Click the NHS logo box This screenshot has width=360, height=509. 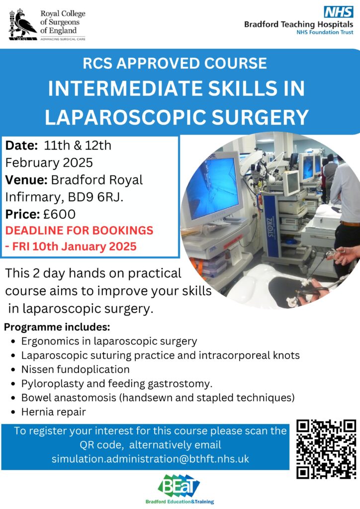[x=338, y=12]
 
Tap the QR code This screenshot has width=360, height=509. [x=326, y=449]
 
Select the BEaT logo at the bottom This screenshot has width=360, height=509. [x=180, y=489]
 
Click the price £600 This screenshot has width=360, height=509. [x=59, y=214]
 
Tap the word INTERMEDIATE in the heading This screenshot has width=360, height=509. [x=125, y=88]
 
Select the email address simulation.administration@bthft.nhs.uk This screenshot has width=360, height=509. [x=150, y=459]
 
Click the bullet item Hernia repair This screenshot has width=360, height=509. [x=54, y=412]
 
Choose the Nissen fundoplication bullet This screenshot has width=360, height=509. [x=75, y=369]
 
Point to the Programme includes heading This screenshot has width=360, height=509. [x=57, y=327]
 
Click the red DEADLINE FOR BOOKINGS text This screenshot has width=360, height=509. [x=80, y=230]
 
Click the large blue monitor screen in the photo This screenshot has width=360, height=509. [x=213, y=188]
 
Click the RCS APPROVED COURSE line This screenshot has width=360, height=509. [x=175, y=63]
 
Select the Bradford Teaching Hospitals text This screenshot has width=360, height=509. [x=299, y=24]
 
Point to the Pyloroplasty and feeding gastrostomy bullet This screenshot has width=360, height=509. [x=117, y=384]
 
